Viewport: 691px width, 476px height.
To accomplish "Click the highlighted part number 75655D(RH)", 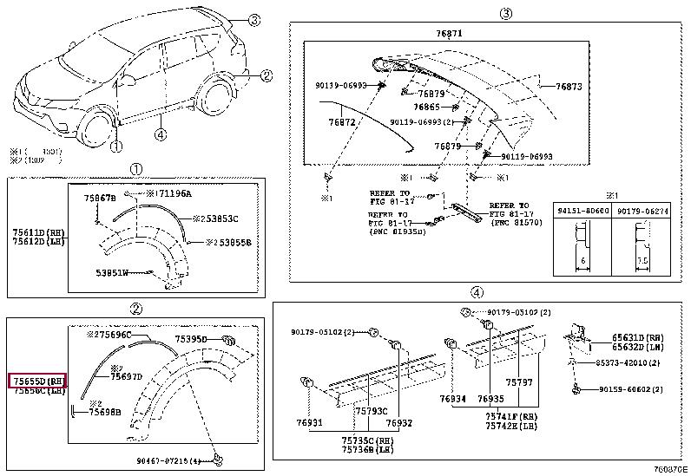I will pos(37,381).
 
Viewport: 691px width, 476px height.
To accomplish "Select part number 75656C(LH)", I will pos(37,392).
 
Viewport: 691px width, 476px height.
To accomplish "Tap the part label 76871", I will pos(450,33).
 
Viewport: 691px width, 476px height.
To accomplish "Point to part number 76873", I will pos(569,87).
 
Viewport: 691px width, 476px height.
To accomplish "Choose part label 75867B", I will pos(100,199).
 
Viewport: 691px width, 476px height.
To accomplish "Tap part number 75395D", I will pos(193,339).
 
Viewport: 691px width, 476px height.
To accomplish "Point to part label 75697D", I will pos(127,376).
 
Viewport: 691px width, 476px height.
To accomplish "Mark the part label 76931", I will pos(308,423).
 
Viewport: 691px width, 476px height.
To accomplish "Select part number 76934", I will pos(452,399).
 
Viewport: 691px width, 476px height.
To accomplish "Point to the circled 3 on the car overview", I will pos(253,21).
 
